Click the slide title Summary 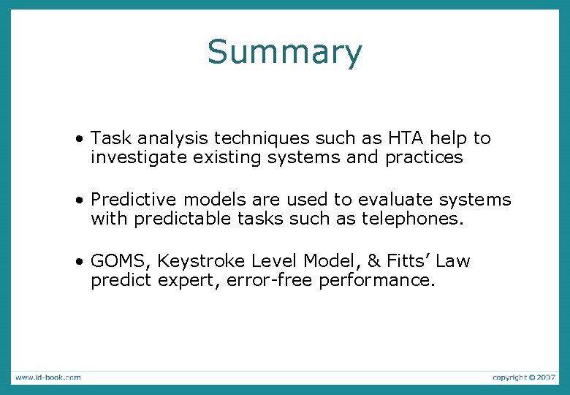(x=284, y=53)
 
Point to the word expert (x=180, y=281)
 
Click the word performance (x=377, y=281)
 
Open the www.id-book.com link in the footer (x=47, y=377)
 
